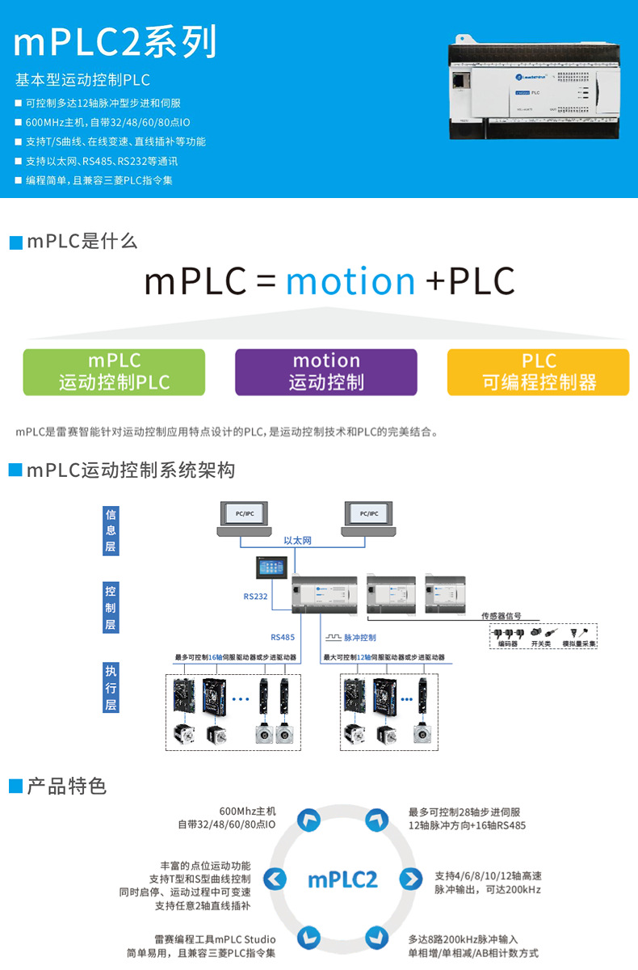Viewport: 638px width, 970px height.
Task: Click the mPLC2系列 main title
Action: point(115,42)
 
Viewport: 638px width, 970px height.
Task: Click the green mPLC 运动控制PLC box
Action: point(114,372)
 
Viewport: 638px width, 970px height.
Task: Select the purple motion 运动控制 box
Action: point(325,372)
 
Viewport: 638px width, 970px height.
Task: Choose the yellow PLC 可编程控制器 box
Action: point(538,372)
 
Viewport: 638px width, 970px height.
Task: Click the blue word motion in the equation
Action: point(350,281)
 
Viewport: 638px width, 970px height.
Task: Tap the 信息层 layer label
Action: point(111,530)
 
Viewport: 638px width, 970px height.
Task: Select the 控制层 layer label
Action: point(111,608)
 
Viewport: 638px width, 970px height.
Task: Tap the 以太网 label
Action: point(297,541)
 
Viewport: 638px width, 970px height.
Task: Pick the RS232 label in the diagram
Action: point(255,597)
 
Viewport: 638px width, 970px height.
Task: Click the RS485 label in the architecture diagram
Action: point(283,637)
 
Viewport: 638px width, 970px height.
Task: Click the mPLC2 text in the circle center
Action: point(342,879)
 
